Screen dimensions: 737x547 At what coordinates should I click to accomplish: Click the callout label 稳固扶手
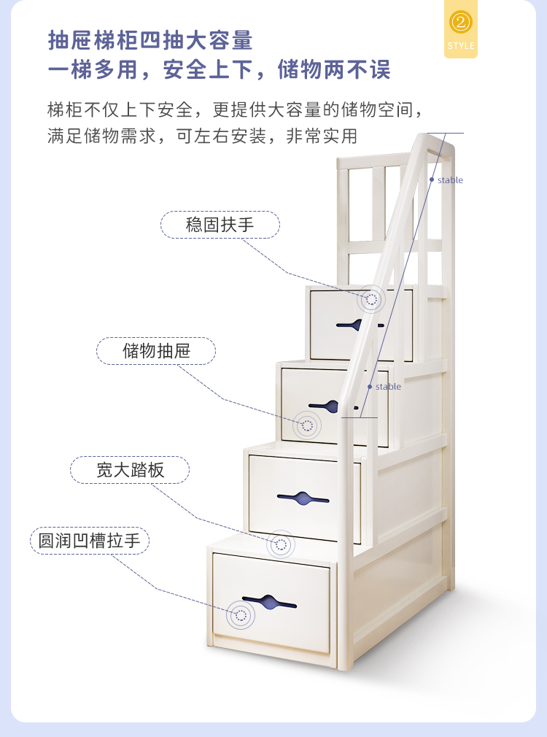pos(220,225)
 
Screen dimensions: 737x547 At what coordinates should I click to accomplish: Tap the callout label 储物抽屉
pos(156,351)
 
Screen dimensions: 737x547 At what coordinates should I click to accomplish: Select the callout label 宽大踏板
pos(130,470)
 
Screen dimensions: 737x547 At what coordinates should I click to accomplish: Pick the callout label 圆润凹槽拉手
pos(89,541)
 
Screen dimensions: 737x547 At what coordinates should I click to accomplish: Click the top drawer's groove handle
pos(357,324)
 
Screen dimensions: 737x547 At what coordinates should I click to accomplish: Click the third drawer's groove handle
pos(303,499)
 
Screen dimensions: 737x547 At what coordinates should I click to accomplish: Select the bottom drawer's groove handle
pos(268,603)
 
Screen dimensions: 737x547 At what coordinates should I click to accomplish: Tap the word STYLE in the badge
pos(460,46)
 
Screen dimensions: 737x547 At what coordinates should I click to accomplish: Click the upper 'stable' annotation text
pos(450,180)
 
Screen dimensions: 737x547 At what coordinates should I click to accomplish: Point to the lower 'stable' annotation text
pos(388,387)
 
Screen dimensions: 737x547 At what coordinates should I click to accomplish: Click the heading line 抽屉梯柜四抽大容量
pos(150,40)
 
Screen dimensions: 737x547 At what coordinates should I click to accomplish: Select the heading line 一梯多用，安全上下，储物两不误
pos(219,70)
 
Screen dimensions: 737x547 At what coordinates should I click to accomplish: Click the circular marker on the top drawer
pos(372,299)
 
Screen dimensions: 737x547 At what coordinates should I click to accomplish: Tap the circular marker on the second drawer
pos(307,425)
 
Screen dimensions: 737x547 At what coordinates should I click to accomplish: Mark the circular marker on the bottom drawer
pos(240,615)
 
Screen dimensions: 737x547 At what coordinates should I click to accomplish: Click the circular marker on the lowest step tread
pos(282,544)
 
